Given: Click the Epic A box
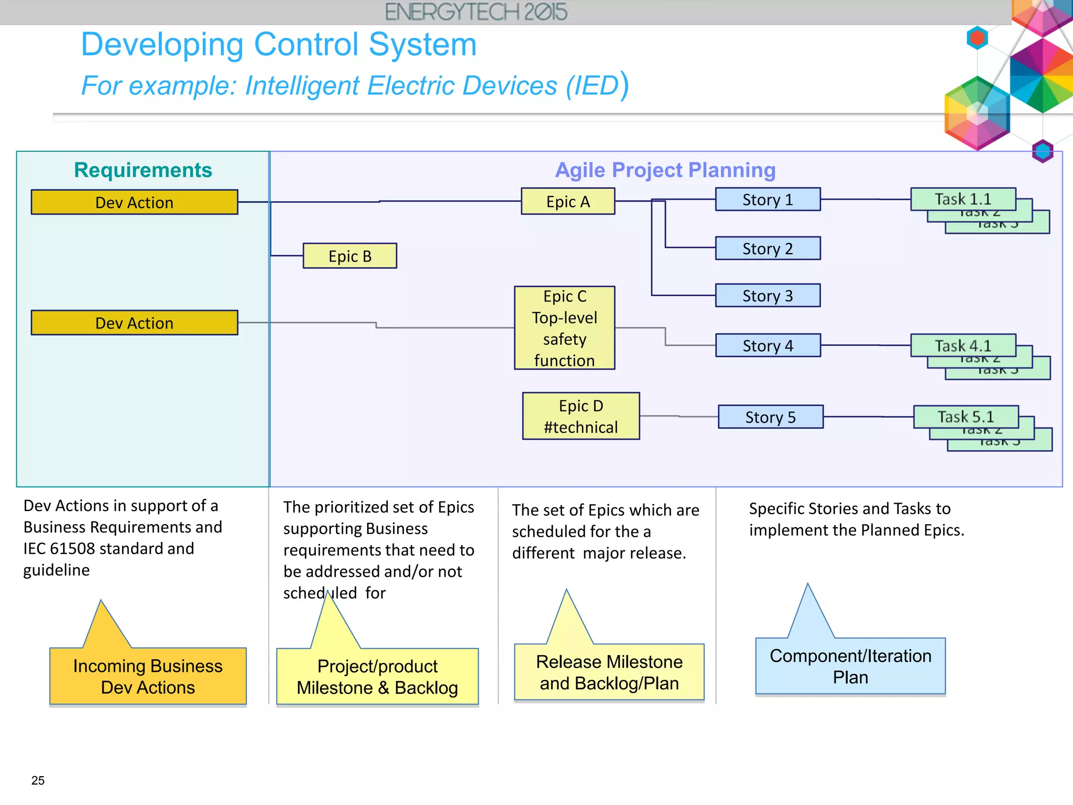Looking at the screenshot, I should [x=568, y=201].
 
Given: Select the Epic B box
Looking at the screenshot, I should [x=350, y=256].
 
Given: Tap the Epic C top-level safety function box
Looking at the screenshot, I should [x=564, y=328].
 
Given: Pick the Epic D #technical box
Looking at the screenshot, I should [x=581, y=416].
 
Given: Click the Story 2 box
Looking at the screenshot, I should [x=768, y=248].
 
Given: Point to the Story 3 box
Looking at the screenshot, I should [x=768, y=296].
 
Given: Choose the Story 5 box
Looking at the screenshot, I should [x=770, y=417].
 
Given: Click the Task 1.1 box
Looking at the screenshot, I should [x=963, y=199].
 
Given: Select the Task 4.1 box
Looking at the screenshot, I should [x=963, y=345].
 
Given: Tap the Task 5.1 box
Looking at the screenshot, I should [x=966, y=417].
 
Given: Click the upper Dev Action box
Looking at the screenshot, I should [x=134, y=202].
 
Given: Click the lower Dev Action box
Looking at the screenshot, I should [x=134, y=323].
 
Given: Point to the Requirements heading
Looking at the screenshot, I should [x=143, y=170].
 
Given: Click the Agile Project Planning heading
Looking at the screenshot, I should [x=665, y=170].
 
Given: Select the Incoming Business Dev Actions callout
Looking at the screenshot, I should [x=148, y=676].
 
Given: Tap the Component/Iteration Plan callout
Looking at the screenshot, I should [x=850, y=666].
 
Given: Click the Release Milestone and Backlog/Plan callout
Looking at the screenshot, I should [x=609, y=672].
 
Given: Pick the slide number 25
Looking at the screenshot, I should [x=38, y=780].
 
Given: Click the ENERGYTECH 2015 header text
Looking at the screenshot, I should [x=476, y=12].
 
